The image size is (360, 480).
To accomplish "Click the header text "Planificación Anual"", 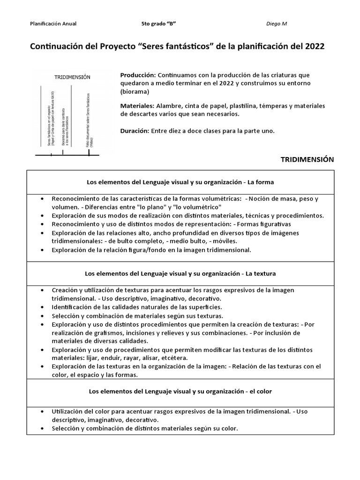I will coord(53,23).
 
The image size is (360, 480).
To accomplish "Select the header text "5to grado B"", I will coord(159,23).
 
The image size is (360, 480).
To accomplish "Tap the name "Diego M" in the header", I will coord(277,23).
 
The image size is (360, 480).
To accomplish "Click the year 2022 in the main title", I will coord(314,47).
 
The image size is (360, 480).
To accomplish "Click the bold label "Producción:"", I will coord(138,75).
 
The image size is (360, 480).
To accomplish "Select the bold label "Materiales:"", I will coord(137,106).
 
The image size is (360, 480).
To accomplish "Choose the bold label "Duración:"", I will coord(135,131).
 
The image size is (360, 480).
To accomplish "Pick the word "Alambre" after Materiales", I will coord(170,106).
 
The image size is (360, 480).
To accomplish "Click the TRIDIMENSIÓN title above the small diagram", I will coord(72,77).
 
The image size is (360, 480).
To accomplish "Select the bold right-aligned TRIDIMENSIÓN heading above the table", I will coord(307,159).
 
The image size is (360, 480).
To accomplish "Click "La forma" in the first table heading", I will coord(261,181).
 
